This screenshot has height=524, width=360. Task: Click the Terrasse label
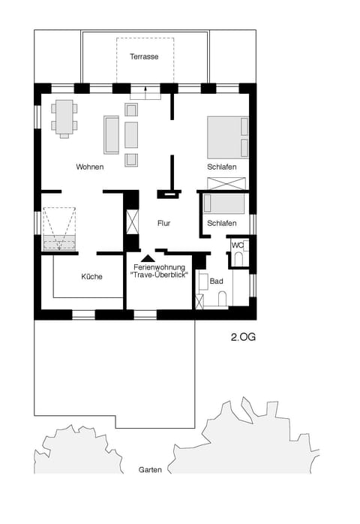click(143, 57)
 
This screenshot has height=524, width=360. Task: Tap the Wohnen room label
click(89, 167)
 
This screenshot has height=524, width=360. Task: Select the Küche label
click(92, 277)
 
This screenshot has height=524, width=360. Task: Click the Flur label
click(165, 223)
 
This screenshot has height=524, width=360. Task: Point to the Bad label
click(217, 282)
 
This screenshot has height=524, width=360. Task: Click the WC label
click(237, 245)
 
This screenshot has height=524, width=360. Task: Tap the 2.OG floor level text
click(243, 338)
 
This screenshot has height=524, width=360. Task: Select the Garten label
click(150, 469)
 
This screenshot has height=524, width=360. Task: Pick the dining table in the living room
click(64, 117)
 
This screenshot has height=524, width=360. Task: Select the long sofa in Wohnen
click(112, 135)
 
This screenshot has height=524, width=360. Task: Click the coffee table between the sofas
click(131, 135)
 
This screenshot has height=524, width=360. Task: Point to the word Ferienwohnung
click(159, 267)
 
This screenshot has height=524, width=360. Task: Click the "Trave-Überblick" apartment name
click(159, 276)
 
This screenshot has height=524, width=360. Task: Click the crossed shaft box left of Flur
click(133, 224)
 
